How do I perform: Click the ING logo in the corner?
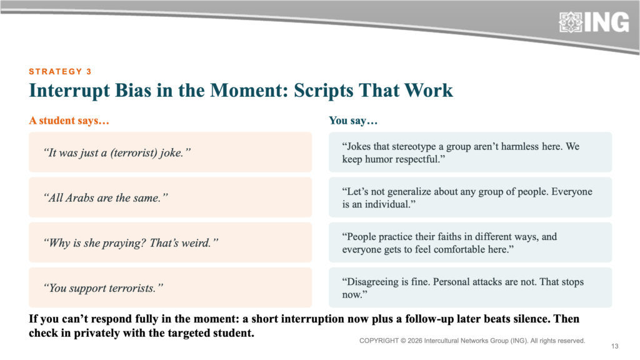click(x=594, y=22)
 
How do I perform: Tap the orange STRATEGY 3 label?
click(x=60, y=71)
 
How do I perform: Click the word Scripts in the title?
click(x=324, y=90)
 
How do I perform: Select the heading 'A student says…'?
click(x=69, y=121)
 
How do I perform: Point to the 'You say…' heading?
click(x=353, y=121)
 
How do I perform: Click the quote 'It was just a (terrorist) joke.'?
click(x=117, y=152)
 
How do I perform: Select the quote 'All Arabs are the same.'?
click(x=106, y=198)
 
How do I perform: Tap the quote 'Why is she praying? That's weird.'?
click(x=131, y=243)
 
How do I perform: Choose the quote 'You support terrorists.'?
click(x=103, y=288)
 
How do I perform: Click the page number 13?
click(x=615, y=346)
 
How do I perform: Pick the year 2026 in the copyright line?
click(x=415, y=341)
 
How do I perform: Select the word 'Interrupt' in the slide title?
click(x=69, y=91)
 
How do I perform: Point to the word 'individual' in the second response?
click(x=387, y=204)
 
